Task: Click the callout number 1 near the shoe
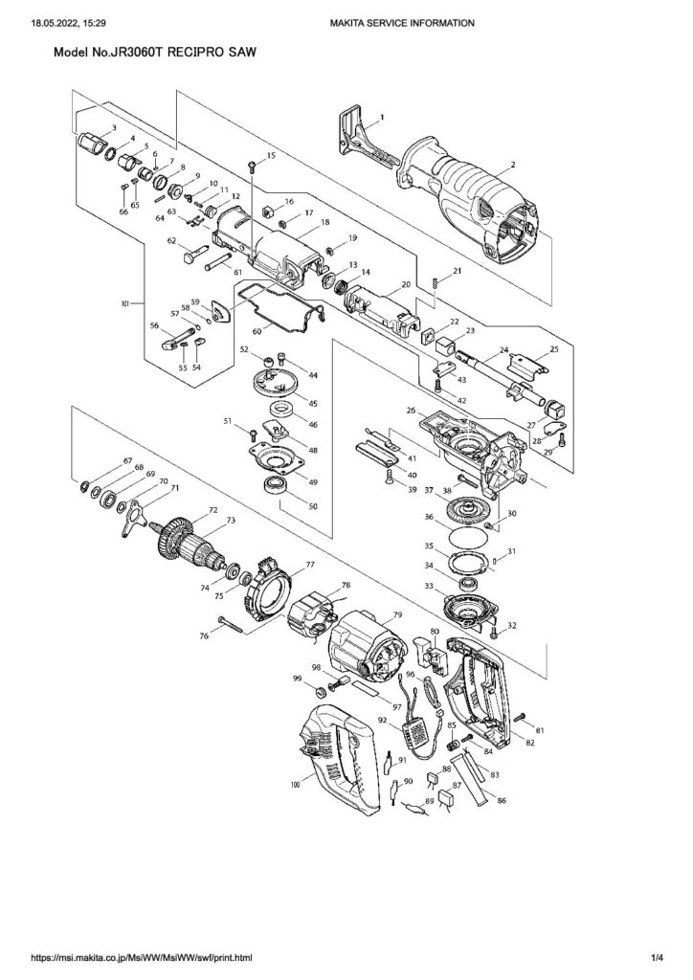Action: tap(381, 117)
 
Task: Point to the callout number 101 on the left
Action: tap(123, 304)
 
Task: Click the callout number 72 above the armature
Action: tap(212, 512)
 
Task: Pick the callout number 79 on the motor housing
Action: tap(396, 613)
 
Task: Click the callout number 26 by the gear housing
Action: tap(411, 412)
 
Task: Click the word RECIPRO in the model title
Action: tap(199, 57)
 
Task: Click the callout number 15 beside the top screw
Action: tap(271, 155)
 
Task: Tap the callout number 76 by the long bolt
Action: tap(205, 635)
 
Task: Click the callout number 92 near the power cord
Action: tap(382, 720)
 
